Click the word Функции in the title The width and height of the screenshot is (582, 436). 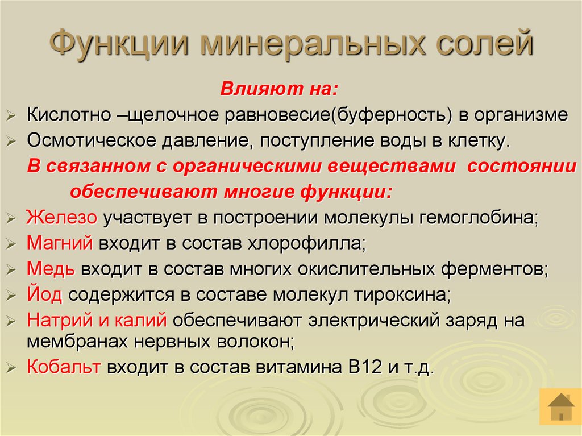119,45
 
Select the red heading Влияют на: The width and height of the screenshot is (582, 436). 280,89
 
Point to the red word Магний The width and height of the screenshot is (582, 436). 60,243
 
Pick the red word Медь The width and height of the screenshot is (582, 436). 51,269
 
